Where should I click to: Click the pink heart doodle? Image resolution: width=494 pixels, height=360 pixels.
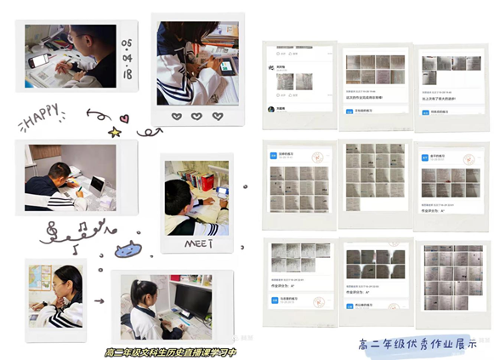123,118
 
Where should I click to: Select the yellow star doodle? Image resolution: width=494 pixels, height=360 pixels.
114,132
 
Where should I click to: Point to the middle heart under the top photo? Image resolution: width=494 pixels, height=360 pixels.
196,116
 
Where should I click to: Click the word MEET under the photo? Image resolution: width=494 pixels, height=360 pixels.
196,243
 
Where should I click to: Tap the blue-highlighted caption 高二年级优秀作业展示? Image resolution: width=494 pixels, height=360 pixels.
417,344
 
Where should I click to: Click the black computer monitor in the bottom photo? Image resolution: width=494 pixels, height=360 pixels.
194,300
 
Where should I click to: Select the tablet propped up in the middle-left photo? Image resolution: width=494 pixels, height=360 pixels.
97,183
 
